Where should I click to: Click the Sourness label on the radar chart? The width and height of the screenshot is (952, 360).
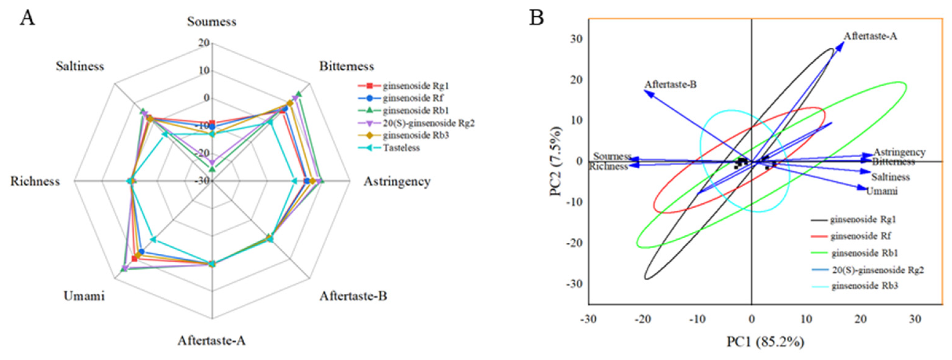tap(211, 22)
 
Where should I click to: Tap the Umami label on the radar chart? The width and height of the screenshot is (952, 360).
tap(84, 296)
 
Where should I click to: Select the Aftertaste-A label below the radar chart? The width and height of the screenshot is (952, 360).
tap(211, 340)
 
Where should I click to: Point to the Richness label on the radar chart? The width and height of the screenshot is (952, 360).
tap(35, 181)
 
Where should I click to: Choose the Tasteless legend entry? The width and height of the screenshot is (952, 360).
tap(401, 148)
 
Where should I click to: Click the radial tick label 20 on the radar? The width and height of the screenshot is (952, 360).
tap(204, 43)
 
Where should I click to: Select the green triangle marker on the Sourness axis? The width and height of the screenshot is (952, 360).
tap(212, 169)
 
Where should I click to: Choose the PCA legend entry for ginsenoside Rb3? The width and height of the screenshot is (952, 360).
tap(864, 286)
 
